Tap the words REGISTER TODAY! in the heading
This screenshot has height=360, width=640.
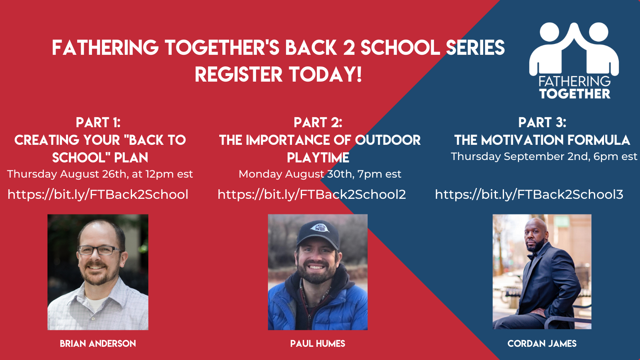click(x=278, y=74)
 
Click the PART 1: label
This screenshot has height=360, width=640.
click(x=98, y=122)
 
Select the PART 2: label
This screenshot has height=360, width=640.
click(x=318, y=122)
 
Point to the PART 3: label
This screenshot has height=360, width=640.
click(x=542, y=122)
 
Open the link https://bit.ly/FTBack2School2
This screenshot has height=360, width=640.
click(x=312, y=194)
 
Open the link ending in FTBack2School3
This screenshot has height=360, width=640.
click(x=529, y=194)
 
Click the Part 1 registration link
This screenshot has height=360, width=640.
click(x=98, y=194)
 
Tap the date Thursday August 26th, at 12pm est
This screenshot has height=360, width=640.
click(x=100, y=174)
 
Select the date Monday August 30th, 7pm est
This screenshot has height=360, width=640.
click(x=320, y=174)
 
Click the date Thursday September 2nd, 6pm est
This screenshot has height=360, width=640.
click(x=544, y=156)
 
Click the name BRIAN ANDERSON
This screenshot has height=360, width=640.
click(x=98, y=344)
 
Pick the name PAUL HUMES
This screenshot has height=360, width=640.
click(x=318, y=344)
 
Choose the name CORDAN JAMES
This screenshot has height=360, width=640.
click(x=542, y=344)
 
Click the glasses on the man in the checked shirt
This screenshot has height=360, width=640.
click(x=100, y=250)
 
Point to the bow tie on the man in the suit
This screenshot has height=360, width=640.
click(x=532, y=256)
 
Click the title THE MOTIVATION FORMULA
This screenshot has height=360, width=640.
click(x=542, y=140)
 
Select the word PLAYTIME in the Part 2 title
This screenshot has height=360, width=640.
click(x=318, y=158)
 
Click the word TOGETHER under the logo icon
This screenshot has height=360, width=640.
click(x=574, y=94)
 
